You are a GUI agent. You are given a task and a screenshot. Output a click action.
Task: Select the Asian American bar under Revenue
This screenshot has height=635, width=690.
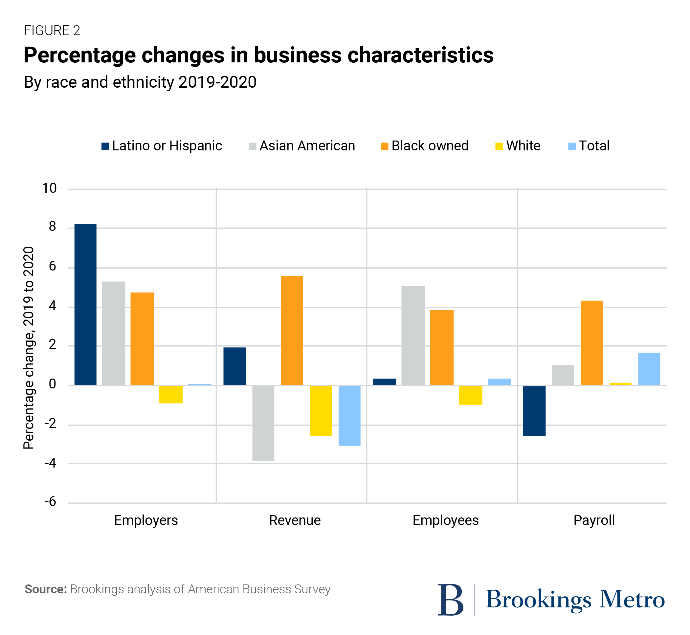[263, 423]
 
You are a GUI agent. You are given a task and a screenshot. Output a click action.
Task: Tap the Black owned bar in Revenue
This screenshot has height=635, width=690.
[292, 330]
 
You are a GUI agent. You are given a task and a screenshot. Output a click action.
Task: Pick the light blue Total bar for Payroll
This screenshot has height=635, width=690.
[649, 369]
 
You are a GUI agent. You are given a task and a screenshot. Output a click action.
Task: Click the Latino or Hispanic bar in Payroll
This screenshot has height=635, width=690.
[534, 411]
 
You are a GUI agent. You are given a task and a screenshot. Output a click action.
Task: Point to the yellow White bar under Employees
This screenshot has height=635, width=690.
[470, 395]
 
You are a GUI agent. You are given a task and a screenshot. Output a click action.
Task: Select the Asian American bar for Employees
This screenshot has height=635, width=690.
[413, 335]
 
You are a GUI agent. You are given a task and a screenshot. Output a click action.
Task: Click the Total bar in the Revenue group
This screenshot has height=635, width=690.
[349, 415]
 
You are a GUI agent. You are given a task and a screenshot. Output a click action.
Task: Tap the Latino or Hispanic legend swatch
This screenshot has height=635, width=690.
[105, 146]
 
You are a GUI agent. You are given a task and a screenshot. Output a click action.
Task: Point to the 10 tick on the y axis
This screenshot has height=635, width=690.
[49, 188]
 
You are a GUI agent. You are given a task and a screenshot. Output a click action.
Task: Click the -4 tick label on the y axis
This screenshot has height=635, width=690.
[50, 463]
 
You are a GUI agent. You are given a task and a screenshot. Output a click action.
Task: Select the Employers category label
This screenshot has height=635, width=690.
[146, 520]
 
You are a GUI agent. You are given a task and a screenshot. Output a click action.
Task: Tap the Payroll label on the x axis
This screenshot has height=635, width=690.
[594, 520]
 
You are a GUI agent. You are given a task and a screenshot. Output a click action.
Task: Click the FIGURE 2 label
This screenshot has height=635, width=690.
[52, 31]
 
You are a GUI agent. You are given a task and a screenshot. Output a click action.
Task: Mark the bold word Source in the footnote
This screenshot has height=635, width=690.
[45, 589]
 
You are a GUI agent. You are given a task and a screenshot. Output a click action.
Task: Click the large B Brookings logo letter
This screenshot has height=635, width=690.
[450, 600]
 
